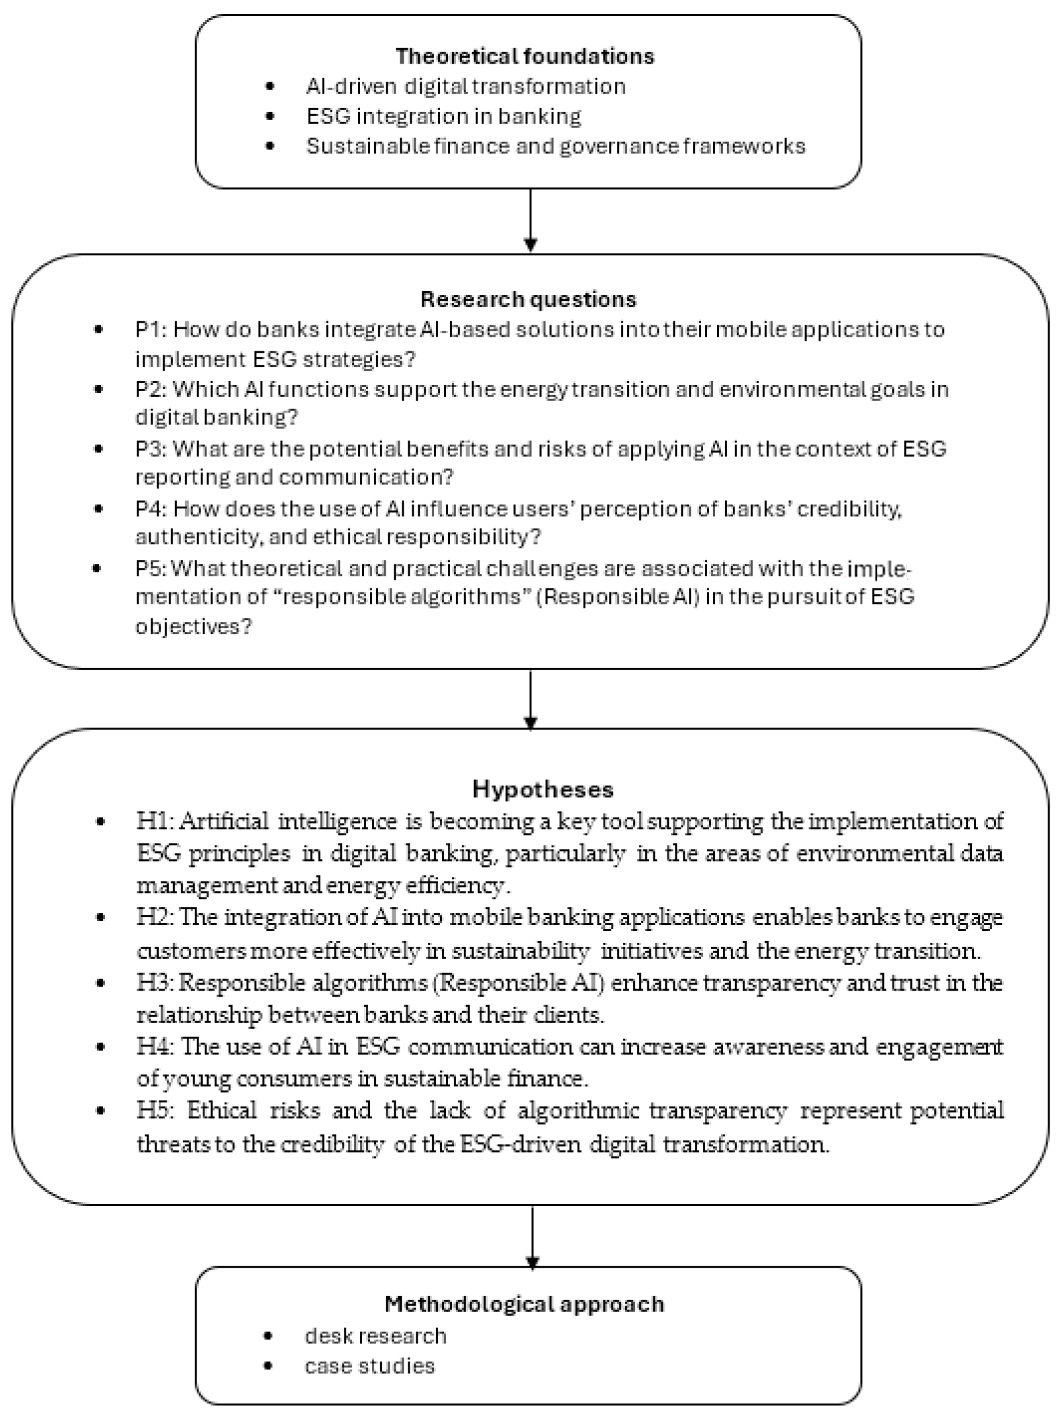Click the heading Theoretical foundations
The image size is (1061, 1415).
pyautogui.click(x=525, y=56)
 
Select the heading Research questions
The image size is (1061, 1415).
pyautogui.click(x=528, y=299)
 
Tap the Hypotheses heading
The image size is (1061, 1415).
pyautogui.click(x=543, y=789)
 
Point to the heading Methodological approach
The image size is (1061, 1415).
pyautogui.click(x=524, y=1304)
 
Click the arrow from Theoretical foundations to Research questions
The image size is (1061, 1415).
pyautogui.click(x=530, y=220)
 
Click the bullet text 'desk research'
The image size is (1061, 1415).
pyautogui.click(x=376, y=1336)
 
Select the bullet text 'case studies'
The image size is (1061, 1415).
pyautogui.click(x=370, y=1365)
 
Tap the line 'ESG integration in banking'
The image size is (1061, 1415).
pyautogui.click(x=444, y=116)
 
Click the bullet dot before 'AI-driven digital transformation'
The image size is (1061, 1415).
pyautogui.click(x=270, y=86)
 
